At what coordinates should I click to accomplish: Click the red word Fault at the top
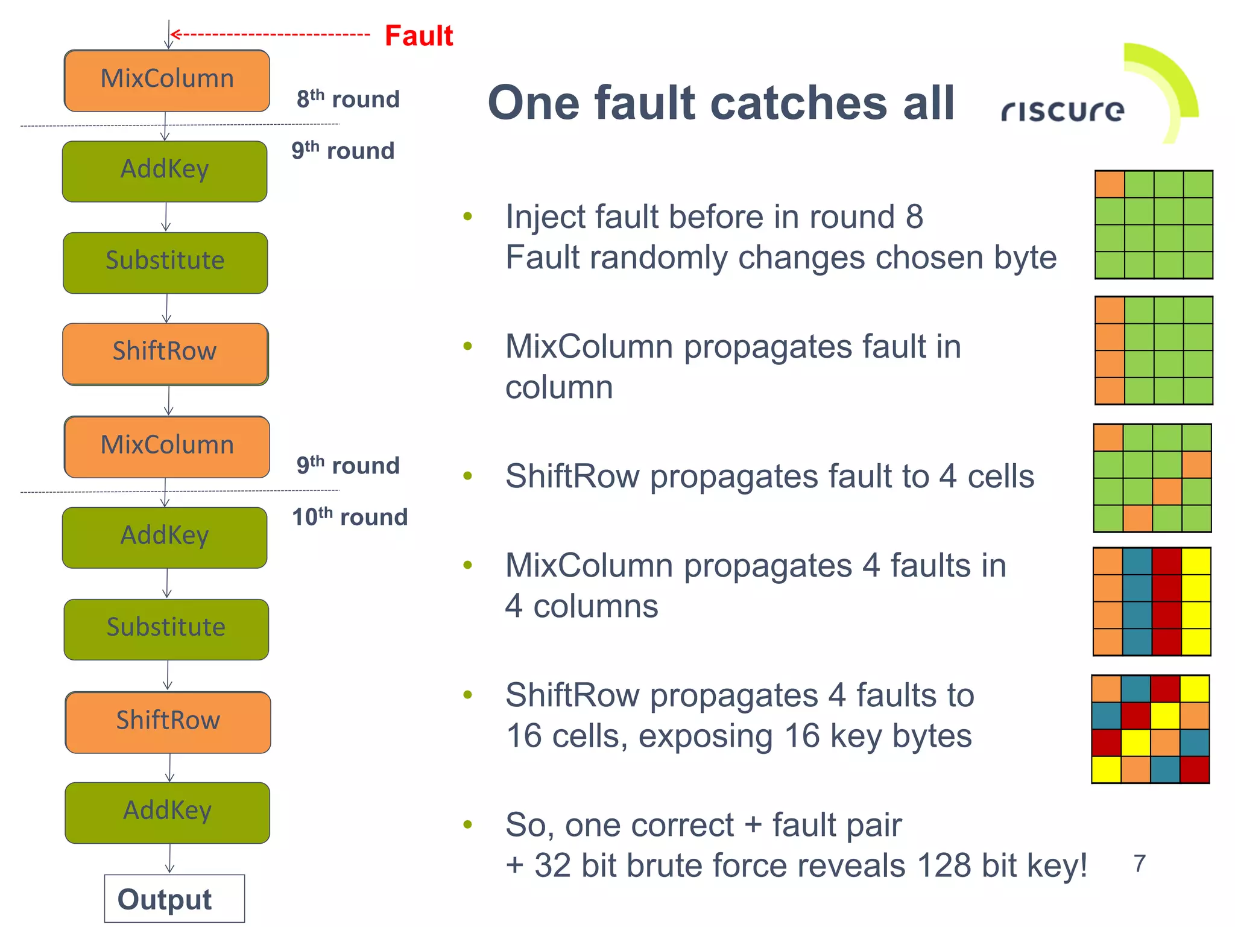pos(419,36)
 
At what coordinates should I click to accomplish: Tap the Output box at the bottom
pos(174,899)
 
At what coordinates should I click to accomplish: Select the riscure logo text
pos(1063,110)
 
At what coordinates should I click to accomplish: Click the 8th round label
pos(348,99)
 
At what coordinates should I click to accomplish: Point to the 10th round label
pos(350,517)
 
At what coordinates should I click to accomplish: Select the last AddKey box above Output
pos(168,812)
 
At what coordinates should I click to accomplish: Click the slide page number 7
pos(1139,864)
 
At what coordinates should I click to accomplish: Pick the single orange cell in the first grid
pos(1110,184)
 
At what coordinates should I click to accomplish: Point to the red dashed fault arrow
pos(271,35)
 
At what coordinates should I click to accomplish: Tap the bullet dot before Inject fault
pos(467,216)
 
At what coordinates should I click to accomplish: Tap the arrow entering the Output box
pos(170,859)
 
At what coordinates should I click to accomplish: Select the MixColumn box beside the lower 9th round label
pos(167,446)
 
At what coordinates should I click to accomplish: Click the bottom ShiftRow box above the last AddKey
pos(168,722)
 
